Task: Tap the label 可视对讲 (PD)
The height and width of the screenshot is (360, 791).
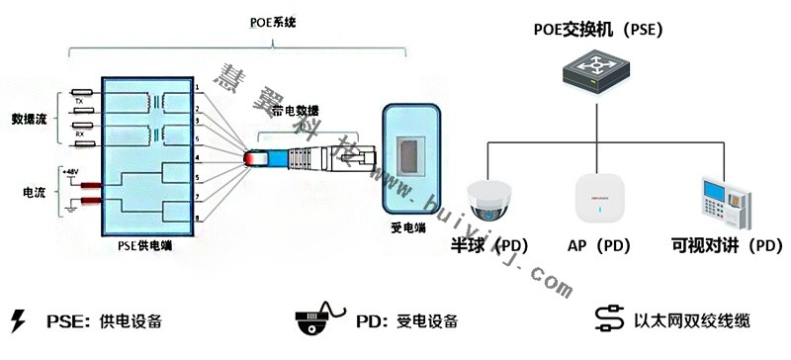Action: (726, 244)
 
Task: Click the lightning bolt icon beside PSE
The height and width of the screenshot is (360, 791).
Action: (17, 320)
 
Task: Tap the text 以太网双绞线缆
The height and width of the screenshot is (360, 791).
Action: (692, 320)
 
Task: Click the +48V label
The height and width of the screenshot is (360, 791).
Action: (71, 171)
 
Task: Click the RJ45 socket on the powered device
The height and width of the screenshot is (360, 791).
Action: (407, 158)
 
